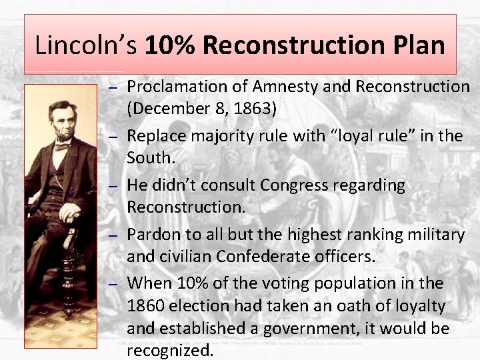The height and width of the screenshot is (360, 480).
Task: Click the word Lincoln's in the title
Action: [x=86, y=45]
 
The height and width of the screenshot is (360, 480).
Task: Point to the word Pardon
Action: [x=150, y=235]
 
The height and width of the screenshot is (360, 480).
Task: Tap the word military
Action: [x=433, y=235]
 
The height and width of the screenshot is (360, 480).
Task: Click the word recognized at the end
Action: [x=171, y=351]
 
